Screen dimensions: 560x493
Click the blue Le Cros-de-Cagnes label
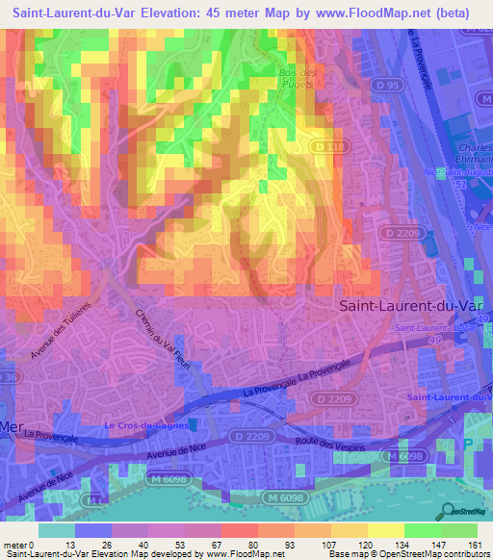pos(145,424)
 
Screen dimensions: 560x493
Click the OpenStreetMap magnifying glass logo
pos(446,510)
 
